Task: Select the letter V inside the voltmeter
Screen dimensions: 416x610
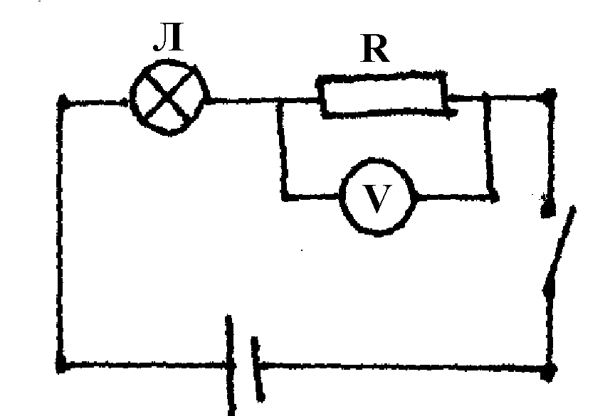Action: point(378,198)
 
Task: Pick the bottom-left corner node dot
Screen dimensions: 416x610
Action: point(62,367)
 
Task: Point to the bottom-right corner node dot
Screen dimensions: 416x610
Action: point(550,370)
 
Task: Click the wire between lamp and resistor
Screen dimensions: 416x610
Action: point(242,100)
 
